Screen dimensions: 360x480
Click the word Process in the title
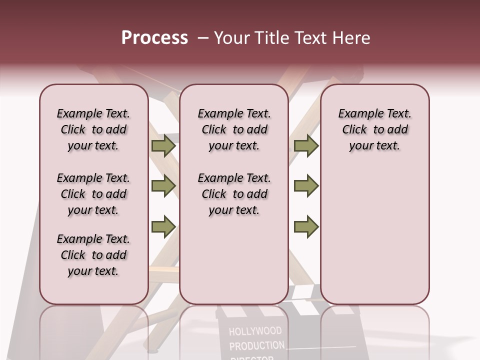pyautogui.click(x=154, y=38)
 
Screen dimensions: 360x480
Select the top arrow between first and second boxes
pyautogui.click(x=163, y=146)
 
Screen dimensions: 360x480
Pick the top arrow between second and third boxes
pyautogui.click(x=306, y=146)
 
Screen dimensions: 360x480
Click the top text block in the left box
pyautogui.click(x=93, y=129)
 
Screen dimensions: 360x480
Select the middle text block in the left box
pyautogui.click(x=93, y=194)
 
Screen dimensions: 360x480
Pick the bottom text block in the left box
pyautogui.click(x=93, y=255)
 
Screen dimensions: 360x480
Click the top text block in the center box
pyautogui.click(x=234, y=129)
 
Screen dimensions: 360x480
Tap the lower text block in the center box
pyautogui.click(x=234, y=194)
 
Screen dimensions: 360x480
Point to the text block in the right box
pyautogui.click(x=375, y=129)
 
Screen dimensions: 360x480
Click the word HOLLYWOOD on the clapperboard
pyautogui.click(x=255, y=331)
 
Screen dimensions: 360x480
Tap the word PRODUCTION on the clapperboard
pyautogui.click(x=256, y=346)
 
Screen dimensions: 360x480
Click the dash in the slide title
pyautogui.click(x=203, y=38)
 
